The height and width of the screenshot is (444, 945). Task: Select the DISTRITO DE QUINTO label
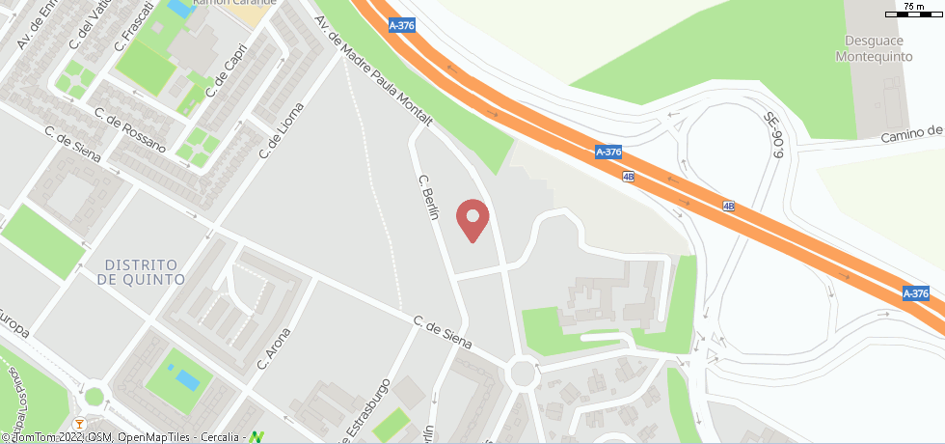[x=141, y=271]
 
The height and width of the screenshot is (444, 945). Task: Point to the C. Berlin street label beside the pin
[x=428, y=197]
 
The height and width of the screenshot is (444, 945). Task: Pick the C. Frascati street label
[x=133, y=26]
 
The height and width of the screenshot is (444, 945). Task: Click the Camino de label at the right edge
[x=910, y=133]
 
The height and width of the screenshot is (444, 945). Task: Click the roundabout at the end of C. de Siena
[x=524, y=372]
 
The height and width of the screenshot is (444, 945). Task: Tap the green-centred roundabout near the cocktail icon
[x=94, y=396]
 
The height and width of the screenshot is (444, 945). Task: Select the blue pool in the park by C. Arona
[x=187, y=378]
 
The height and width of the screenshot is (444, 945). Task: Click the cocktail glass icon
[x=79, y=424]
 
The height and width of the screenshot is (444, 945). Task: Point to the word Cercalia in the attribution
[x=223, y=437]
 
